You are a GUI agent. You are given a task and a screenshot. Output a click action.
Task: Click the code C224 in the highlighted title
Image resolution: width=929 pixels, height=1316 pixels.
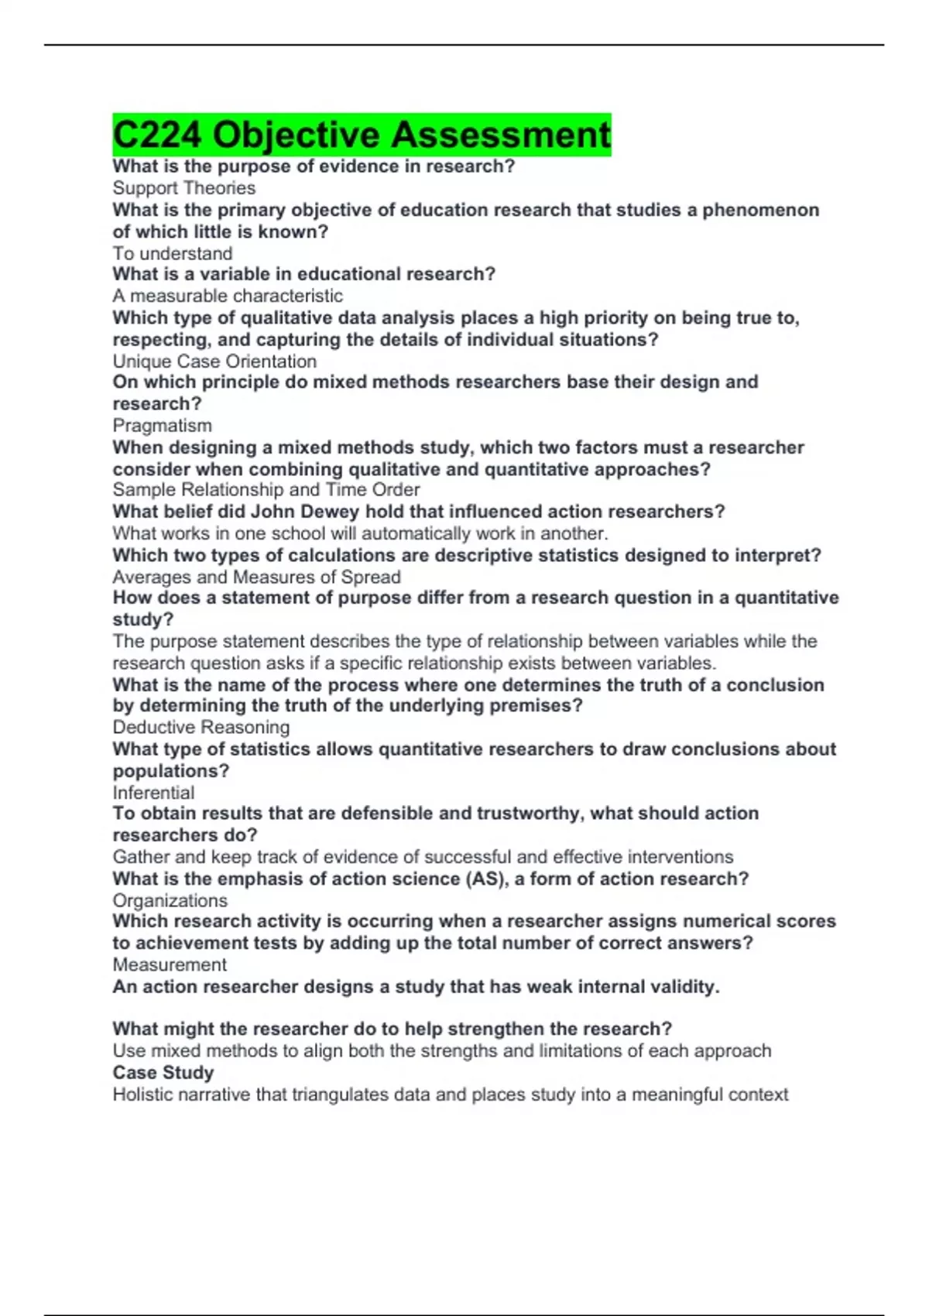coord(158,135)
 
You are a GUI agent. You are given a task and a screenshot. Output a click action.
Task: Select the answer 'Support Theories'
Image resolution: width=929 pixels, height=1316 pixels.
coord(183,188)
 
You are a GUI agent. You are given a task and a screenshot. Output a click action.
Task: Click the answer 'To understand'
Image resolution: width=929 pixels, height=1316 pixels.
coord(172,253)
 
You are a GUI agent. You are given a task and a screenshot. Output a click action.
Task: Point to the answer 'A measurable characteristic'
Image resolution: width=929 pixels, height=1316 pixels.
coord(228,296)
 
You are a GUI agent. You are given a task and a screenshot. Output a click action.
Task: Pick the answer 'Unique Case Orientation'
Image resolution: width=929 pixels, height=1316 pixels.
coord(214,362)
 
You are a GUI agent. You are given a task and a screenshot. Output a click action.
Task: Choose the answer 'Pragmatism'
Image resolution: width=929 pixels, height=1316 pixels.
coord(162,426)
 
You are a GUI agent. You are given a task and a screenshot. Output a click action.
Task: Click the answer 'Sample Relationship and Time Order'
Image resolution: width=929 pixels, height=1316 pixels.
coord(266,490)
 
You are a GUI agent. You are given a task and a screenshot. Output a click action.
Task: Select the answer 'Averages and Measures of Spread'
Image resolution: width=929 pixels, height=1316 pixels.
coord(256,577)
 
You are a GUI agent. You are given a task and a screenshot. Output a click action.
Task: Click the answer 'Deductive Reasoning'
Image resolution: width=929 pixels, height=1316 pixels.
coord(201,727)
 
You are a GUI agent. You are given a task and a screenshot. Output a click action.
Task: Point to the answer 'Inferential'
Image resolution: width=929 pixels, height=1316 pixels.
coord(153,793)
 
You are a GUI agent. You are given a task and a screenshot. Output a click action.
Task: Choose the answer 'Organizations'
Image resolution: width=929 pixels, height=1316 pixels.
coord(170,900)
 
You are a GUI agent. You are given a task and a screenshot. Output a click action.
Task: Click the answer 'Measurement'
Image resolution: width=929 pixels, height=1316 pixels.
coord(170,965)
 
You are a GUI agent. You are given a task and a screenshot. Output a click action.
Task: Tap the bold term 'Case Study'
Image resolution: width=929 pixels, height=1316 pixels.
coord(163,1073)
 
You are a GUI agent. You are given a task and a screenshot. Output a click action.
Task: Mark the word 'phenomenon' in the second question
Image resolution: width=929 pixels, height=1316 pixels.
coord(760,210)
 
